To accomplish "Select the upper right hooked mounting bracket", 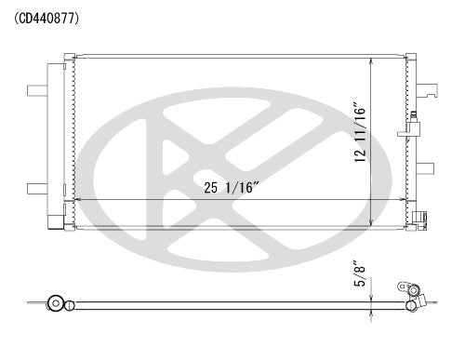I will point(430,89).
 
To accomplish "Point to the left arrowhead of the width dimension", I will point(76,201).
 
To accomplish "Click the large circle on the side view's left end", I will point(59,303).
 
